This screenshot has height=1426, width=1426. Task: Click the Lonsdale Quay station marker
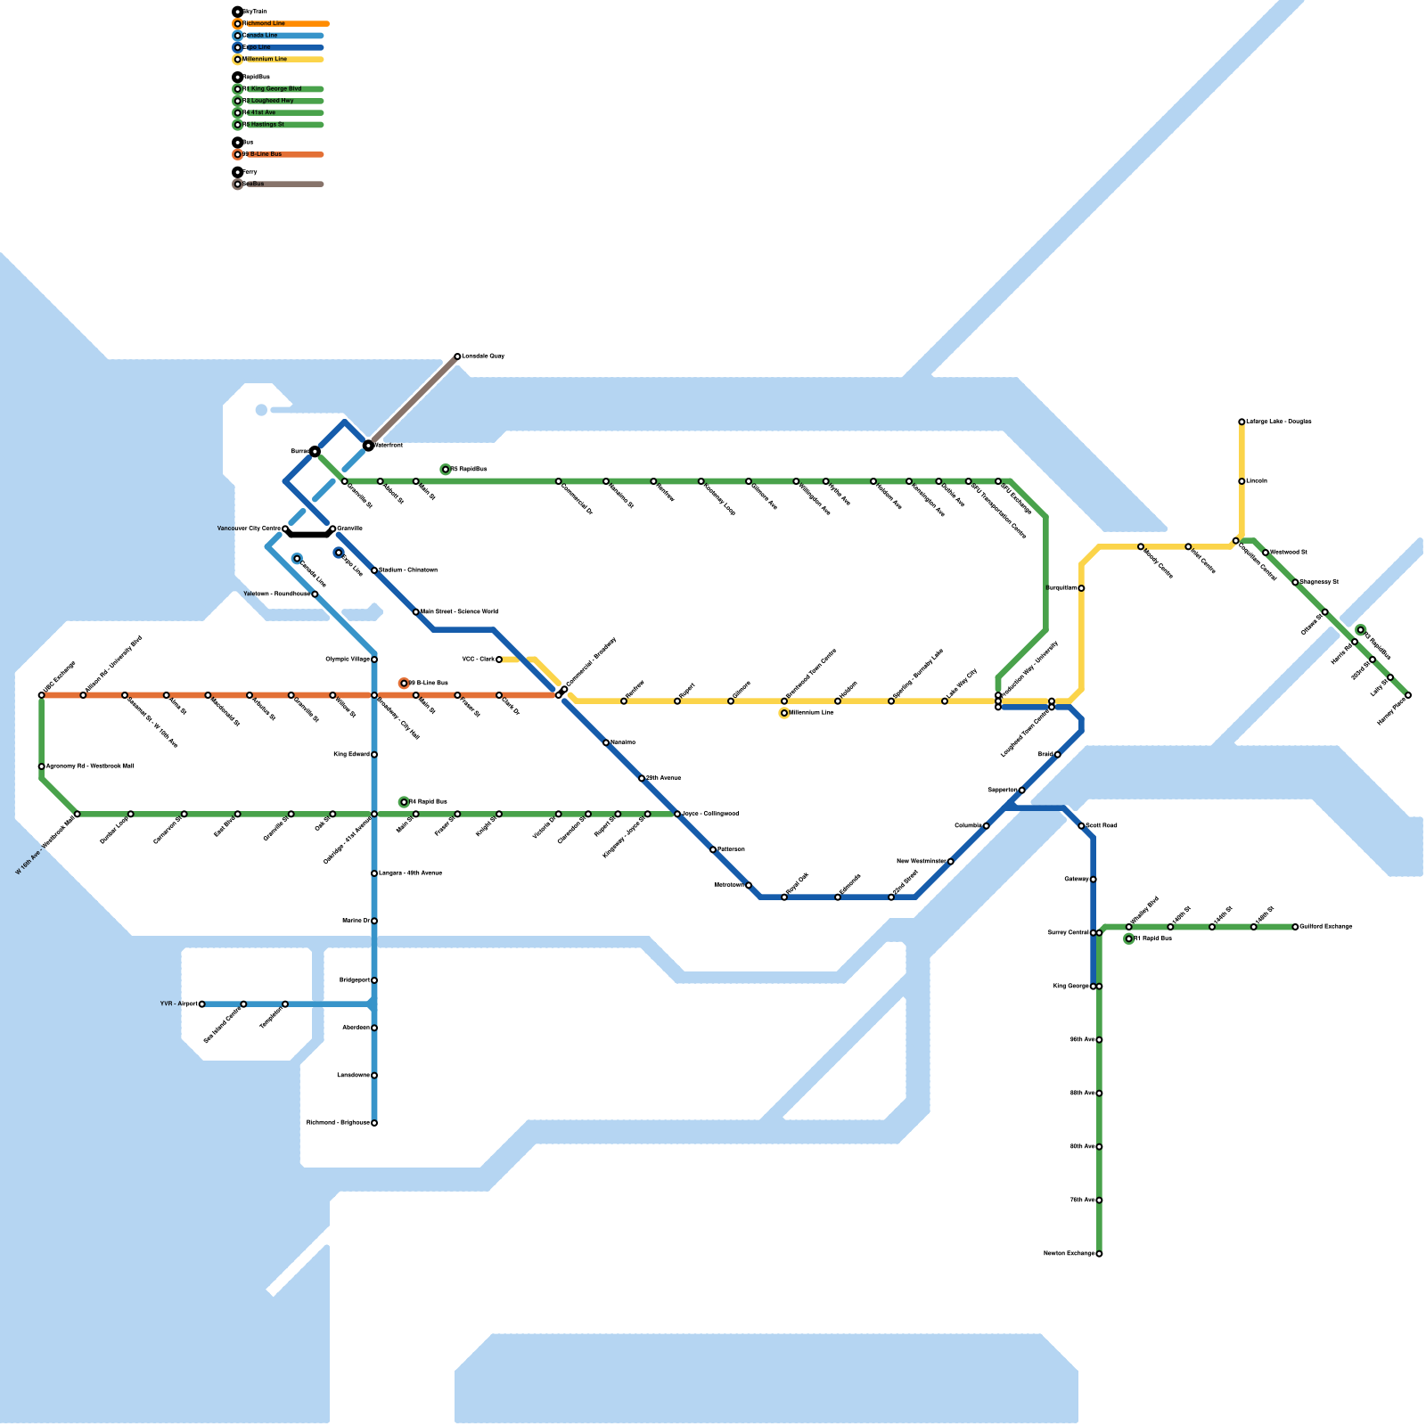tap(457, 356)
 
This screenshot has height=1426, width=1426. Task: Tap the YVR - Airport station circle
tap(202, 1004)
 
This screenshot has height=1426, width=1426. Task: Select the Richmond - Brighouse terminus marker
tap(374, 1123)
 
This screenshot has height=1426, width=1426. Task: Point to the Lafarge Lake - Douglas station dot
tap(1242, 422)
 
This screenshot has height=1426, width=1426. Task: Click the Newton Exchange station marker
tap(1099, 1254)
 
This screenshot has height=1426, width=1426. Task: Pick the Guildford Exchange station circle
tap(1295, 927)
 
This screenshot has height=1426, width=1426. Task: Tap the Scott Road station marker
tap(1081, 826)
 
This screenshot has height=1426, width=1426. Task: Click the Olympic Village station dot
tap(374, 660)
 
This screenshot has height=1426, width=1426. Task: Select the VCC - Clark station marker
tap(499, 660)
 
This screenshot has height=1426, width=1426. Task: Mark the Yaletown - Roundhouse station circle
tap(315, 594)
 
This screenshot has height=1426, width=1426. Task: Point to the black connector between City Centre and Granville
tap(309, 535)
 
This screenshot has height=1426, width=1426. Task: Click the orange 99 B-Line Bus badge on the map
tap(404, 684)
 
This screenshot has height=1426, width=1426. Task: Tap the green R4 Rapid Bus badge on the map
tap(404, 802)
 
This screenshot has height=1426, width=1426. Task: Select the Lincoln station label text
tap(1257, 481)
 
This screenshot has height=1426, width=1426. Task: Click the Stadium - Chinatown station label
tap(408, 570)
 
